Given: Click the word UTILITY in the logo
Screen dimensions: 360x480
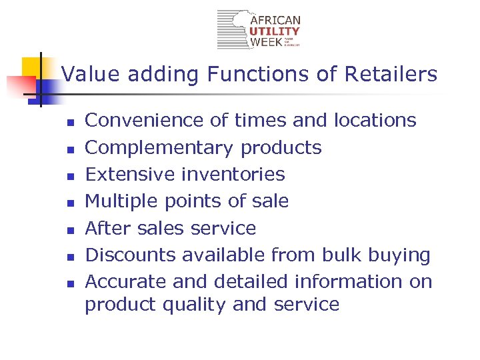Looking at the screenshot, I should click(x=275, y=31).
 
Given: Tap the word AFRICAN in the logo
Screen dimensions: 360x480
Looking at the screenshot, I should click(x=275, y=21).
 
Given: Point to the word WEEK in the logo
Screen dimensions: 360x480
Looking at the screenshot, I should click(x=265, y=42).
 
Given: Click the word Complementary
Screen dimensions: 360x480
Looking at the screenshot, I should click(x=159, y=147).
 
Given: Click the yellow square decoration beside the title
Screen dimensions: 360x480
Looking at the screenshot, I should click(x=31, y=67).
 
